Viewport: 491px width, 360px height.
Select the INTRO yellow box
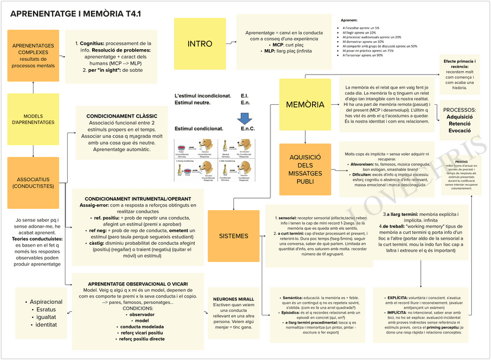point(200,44)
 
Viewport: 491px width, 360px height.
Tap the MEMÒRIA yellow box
point(305,105)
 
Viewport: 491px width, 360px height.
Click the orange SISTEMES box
point(234,236)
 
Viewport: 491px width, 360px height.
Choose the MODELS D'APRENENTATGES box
point(33,119)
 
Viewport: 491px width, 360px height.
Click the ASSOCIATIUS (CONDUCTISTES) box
point(33,182)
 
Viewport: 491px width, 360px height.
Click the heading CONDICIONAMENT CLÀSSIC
point(122,116)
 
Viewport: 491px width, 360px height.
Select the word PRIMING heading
point(462,162)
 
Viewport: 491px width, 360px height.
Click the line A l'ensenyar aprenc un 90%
point(363,56)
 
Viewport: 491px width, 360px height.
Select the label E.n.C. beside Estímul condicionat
point(247,128)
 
